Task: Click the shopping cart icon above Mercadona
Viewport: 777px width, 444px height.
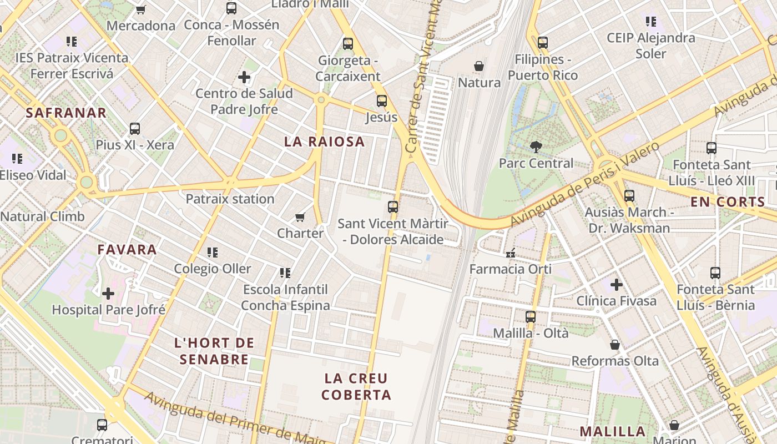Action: click(140, 9)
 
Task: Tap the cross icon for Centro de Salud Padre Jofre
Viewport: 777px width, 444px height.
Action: click(244, 77)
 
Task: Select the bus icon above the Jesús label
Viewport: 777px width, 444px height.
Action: click(382, 101)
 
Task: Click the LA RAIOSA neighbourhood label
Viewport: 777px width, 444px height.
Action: click(325, 142)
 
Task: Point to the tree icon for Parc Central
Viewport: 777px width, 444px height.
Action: click(536, 147)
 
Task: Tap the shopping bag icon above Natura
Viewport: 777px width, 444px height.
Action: click(479, 67)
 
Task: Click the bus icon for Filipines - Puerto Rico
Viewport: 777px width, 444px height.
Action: click(543, 43)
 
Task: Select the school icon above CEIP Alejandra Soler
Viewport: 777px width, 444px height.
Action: click(651, 22)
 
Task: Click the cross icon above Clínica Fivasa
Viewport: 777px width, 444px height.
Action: click(616, 285)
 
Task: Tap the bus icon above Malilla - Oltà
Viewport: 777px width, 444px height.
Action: click(531, 317)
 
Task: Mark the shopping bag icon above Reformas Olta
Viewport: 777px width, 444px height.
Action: click(615, 345)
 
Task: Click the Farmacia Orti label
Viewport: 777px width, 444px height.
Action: click(511, 269)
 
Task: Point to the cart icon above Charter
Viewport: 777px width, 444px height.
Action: click(300, 217)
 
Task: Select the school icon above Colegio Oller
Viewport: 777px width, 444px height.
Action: click(212, 253)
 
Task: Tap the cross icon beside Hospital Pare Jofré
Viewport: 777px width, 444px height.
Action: click(108, 294)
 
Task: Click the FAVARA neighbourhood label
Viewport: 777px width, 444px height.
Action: click(127, 250)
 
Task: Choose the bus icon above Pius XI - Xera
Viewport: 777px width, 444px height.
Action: click(134, 129)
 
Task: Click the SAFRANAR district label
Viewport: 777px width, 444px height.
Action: click(66, 113)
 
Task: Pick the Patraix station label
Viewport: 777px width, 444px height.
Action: click(230, 199)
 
